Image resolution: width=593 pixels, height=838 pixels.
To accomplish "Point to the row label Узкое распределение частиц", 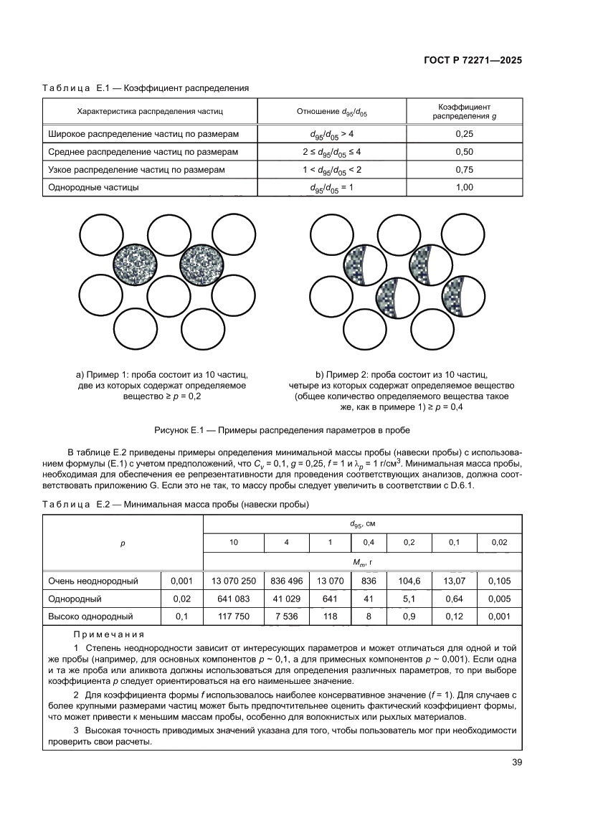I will [136, 170].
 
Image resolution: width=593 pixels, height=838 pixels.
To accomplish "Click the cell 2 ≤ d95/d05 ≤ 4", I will [331, 152].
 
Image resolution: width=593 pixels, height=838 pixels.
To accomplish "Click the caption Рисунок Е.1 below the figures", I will [283, 430].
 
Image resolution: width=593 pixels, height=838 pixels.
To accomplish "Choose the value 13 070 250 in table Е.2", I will [234, 581].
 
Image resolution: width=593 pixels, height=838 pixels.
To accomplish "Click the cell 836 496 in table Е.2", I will [286, 581].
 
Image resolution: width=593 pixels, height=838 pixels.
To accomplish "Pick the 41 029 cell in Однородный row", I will [286, 599].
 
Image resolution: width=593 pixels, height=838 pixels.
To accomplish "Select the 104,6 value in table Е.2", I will [409, 581].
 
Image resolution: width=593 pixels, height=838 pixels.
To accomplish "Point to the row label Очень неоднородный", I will [93, 581].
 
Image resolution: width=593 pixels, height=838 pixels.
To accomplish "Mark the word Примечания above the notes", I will [108, 634].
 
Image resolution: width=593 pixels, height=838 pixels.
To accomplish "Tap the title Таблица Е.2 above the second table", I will [176, 505].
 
